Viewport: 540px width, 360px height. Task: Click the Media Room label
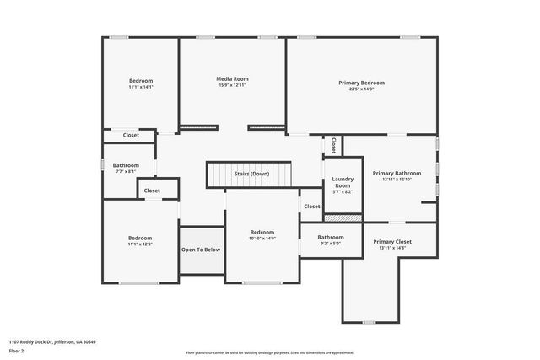coord(233,78)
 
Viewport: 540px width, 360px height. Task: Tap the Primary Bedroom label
coord(361,83)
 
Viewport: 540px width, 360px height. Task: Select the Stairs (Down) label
coord(251,174)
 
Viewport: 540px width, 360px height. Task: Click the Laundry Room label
coord(342,181)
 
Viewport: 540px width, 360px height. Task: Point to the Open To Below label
coord(201,250)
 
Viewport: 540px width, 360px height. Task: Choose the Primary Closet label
coord(393,242)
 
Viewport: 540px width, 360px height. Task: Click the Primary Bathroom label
coord(396,173)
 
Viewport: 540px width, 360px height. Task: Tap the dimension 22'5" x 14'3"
coord(361,89)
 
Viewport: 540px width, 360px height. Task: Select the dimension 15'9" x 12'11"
coord(233,85)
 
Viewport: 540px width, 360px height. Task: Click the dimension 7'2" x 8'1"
coord(126,171)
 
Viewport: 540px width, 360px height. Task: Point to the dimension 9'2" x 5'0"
coord(331,244)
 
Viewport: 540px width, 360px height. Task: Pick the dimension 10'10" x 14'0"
coord(262,239)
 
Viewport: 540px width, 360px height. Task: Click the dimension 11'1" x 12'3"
coord(140,244)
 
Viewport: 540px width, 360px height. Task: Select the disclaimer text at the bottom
coord(270,352)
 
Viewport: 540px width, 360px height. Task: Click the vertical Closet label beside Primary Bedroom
coord(334,145)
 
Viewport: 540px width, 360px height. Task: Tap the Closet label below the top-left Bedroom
coord(131,135)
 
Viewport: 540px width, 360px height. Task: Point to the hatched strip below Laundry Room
coord(343,218)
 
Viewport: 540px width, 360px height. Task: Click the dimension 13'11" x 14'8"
coord(393,248)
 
